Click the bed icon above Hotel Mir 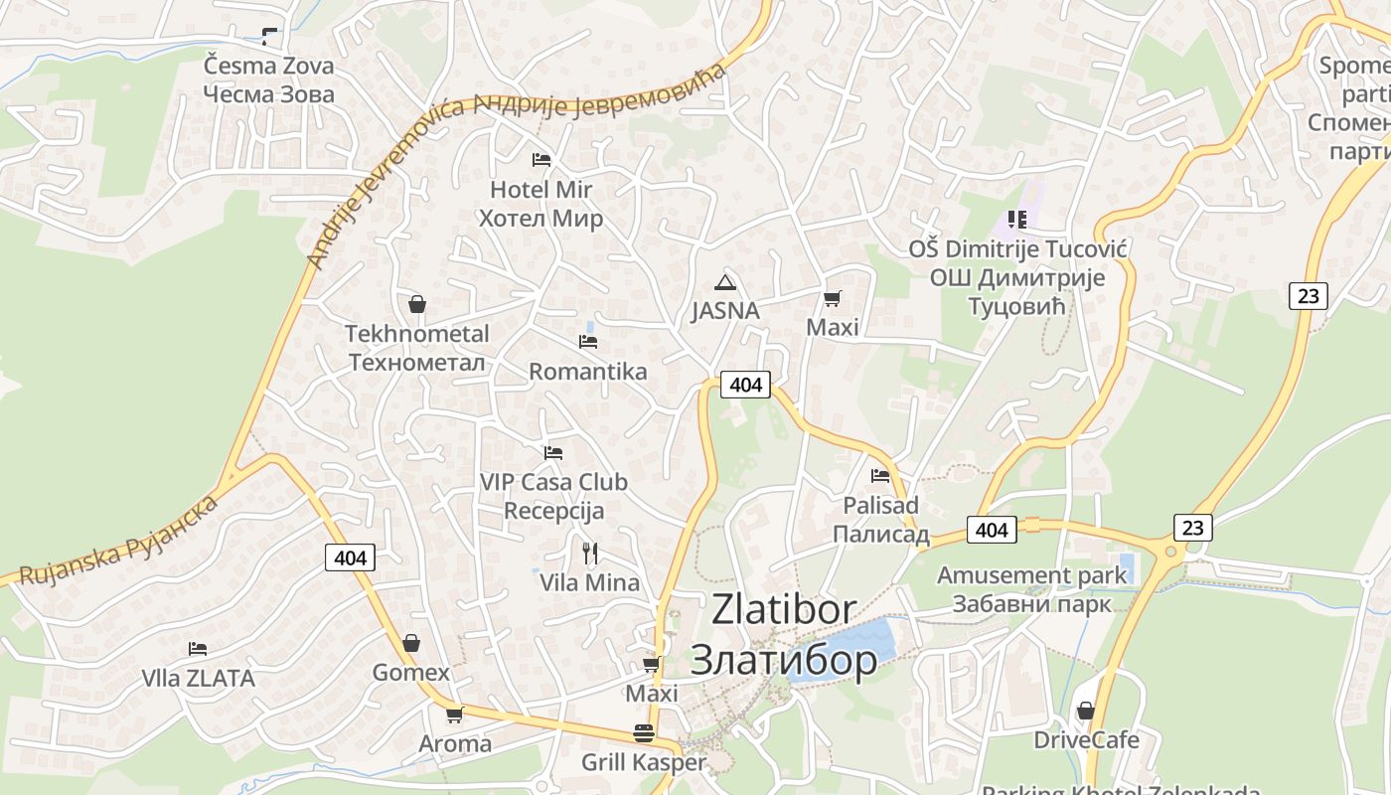(x=541, y=159)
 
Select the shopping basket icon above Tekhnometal (x=417, y=304)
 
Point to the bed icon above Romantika (x=588, y=342)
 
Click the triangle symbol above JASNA (x=725, y=281)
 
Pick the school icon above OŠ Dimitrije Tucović (x=1016, y=219)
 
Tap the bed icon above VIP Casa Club (x=553, y=453)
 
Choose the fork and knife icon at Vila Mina (x=590, y=553)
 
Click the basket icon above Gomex (x=410, y=644)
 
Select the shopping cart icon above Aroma (x=454, y=715)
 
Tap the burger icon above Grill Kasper (x=644, y=734)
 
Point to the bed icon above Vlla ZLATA (x=198, y=649)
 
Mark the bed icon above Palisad (x=880, y=476)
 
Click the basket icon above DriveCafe (x=1086, y=712)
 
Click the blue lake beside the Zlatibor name (x=854, y=646)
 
